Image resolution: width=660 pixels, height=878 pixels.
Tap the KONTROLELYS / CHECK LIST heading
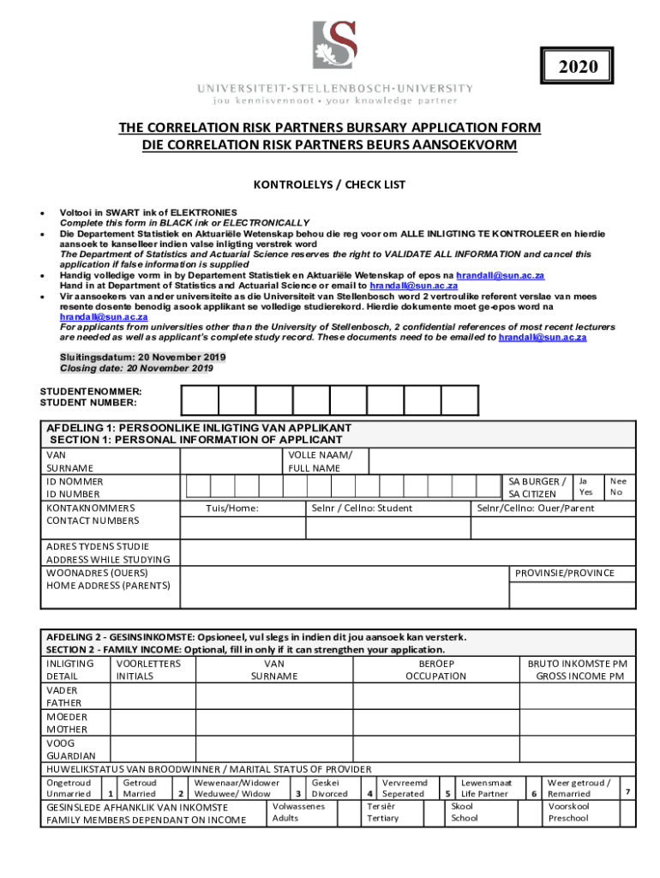point(330,184)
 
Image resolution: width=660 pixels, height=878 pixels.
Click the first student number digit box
point(200,400)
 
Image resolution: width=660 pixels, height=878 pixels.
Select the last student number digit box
point(459,400)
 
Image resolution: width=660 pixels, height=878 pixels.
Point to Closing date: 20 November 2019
point(136,368)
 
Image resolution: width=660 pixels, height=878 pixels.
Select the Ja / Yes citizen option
point(585,487)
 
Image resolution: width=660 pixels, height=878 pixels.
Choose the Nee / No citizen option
point(617,487)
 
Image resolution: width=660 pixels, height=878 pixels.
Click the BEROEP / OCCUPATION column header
point(435,670)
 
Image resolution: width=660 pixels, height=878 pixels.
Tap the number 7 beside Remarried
point(628,790)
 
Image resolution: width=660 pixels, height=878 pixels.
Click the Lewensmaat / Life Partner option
point(486,788)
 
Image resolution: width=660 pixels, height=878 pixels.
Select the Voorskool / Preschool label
point(569,812)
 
